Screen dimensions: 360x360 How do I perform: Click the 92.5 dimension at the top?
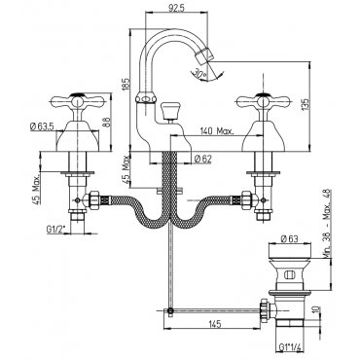(176, 8)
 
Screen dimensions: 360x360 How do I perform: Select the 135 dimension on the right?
(306, 105)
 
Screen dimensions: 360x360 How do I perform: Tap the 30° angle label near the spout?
(200, 73)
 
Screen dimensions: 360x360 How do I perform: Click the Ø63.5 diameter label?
(42, 126)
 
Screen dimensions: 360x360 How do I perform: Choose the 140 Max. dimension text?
(217, 131)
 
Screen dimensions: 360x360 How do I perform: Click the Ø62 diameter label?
(203, 159)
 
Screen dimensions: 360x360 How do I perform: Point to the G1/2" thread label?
(55, 231)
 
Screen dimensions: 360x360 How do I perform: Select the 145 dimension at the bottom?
(215, 324)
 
